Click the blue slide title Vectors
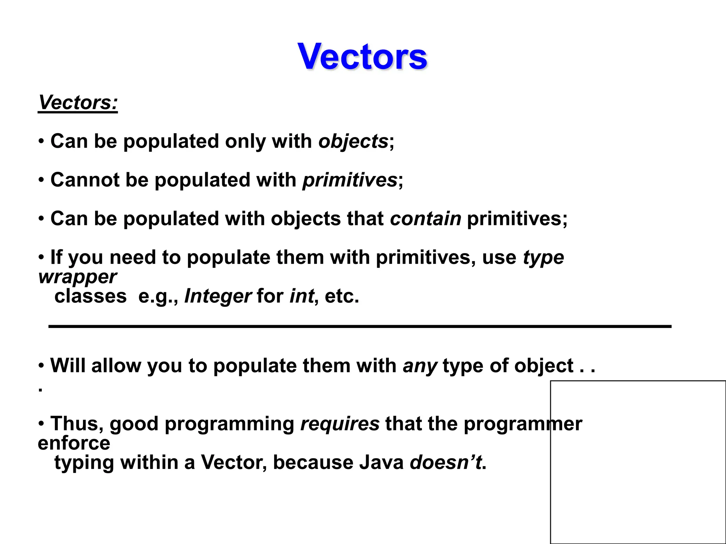(x=362, y=57)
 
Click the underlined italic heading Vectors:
(x=78, y=103)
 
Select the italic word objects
(x=353, y=142)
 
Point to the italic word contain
(x=425, y=219)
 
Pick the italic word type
(x=543, y=258)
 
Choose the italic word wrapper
(x=77, y=277)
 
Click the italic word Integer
(x=218, y=296)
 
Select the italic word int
(x=301, y=296)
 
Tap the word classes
(x=90, y=296)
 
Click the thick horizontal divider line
(x=359, y=326)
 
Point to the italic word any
(x=420, y=366)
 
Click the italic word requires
(x=340, y=424)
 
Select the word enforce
(x=74, y=443)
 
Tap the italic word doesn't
(x=446, y=463)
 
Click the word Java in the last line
(x=381, y=463)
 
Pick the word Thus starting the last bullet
(x=77, y=424)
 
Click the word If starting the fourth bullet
(x=56, y=257)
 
